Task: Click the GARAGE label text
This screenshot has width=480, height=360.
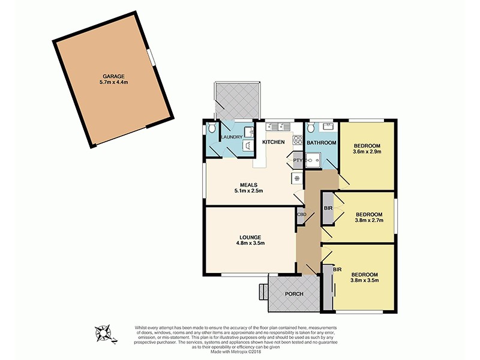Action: [113, 76]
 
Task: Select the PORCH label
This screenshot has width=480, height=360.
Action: [294, 294]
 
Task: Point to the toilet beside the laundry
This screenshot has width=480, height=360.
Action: [211, 130]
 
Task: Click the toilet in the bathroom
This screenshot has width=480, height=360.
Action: [311, 128]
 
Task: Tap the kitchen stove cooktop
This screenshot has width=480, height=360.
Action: [298, 140]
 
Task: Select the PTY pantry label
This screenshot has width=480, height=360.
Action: [297, 161]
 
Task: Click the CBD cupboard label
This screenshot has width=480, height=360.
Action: [301, 214]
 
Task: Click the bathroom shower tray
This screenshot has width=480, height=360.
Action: [313, 160]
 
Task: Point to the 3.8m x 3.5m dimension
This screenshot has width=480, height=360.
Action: [365, 278]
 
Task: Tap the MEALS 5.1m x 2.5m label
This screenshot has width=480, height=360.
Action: [249, 187]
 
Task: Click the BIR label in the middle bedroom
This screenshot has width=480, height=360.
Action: [328, 208]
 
